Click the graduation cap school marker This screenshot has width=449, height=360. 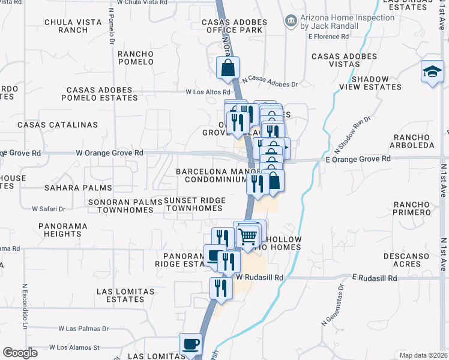coord(432,72)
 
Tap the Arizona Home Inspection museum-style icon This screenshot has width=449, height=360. coord(291,22)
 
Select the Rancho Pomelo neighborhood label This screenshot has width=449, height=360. coord(136,58)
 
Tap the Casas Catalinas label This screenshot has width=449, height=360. coord(58,125)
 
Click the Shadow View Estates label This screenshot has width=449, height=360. coord(376,83)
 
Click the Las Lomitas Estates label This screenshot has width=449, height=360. coord(121,295)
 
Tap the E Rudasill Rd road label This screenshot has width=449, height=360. coord(375,278)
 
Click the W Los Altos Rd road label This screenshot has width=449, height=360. coord(208,92)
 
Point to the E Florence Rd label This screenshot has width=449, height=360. coord(328,37)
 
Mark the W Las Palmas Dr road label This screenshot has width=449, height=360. coord(83,329)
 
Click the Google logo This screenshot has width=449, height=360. coord(20,353)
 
